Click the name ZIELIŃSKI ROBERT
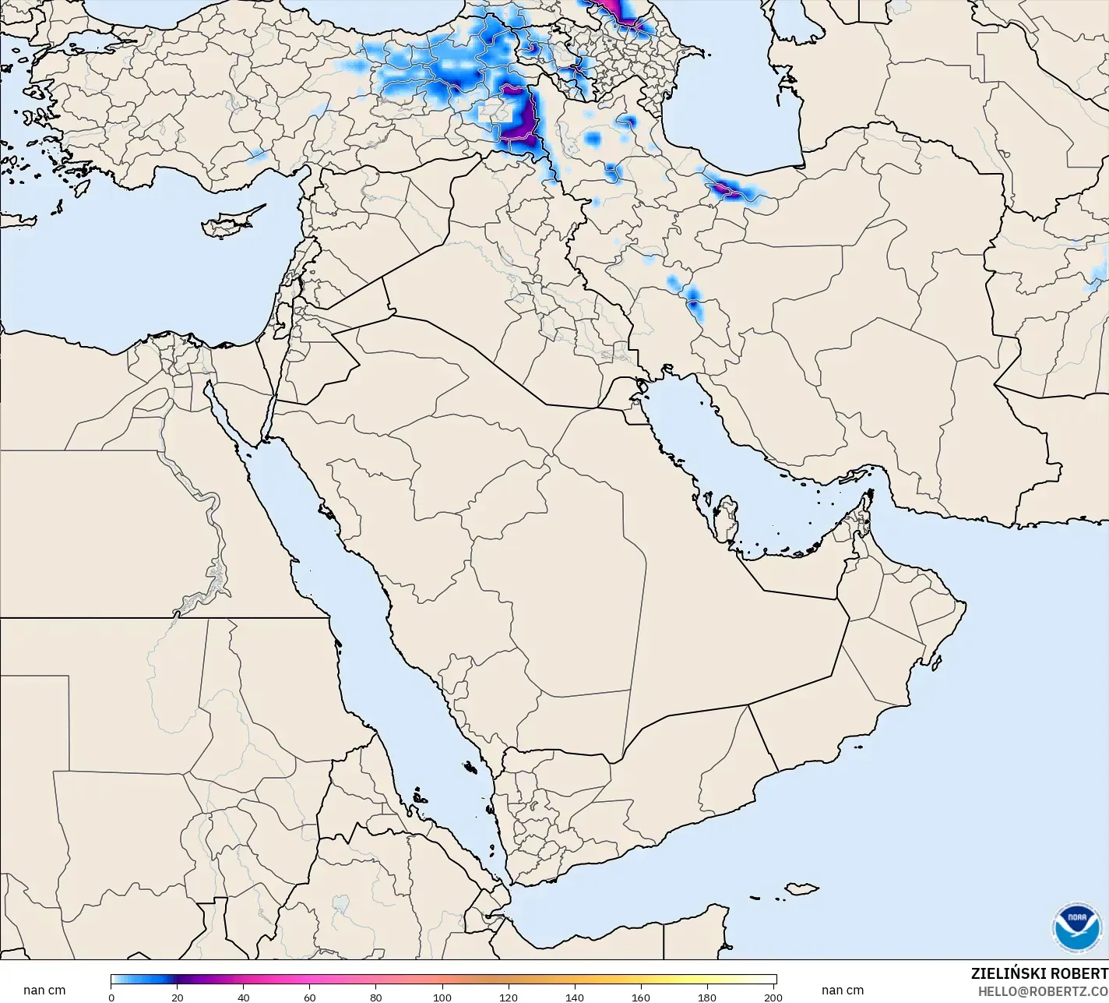click(x=1039, y=973)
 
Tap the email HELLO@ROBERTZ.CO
click(x=1043, y=991)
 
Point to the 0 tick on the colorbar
click(x=111, y=997)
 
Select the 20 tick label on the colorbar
click(x=178, y=997)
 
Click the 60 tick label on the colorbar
click(x=310, y=997)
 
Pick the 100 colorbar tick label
click(x=442, y=997)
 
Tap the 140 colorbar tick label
click(x=575, y=997)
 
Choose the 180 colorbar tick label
click(x=707, y=997)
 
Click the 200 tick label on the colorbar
click(x=773, y=997)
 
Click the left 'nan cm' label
click(x=44, y=991)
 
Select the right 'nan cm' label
click(x=842, y=991)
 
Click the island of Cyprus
click(x=227, y=223)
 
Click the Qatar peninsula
click(x=727, y=518)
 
